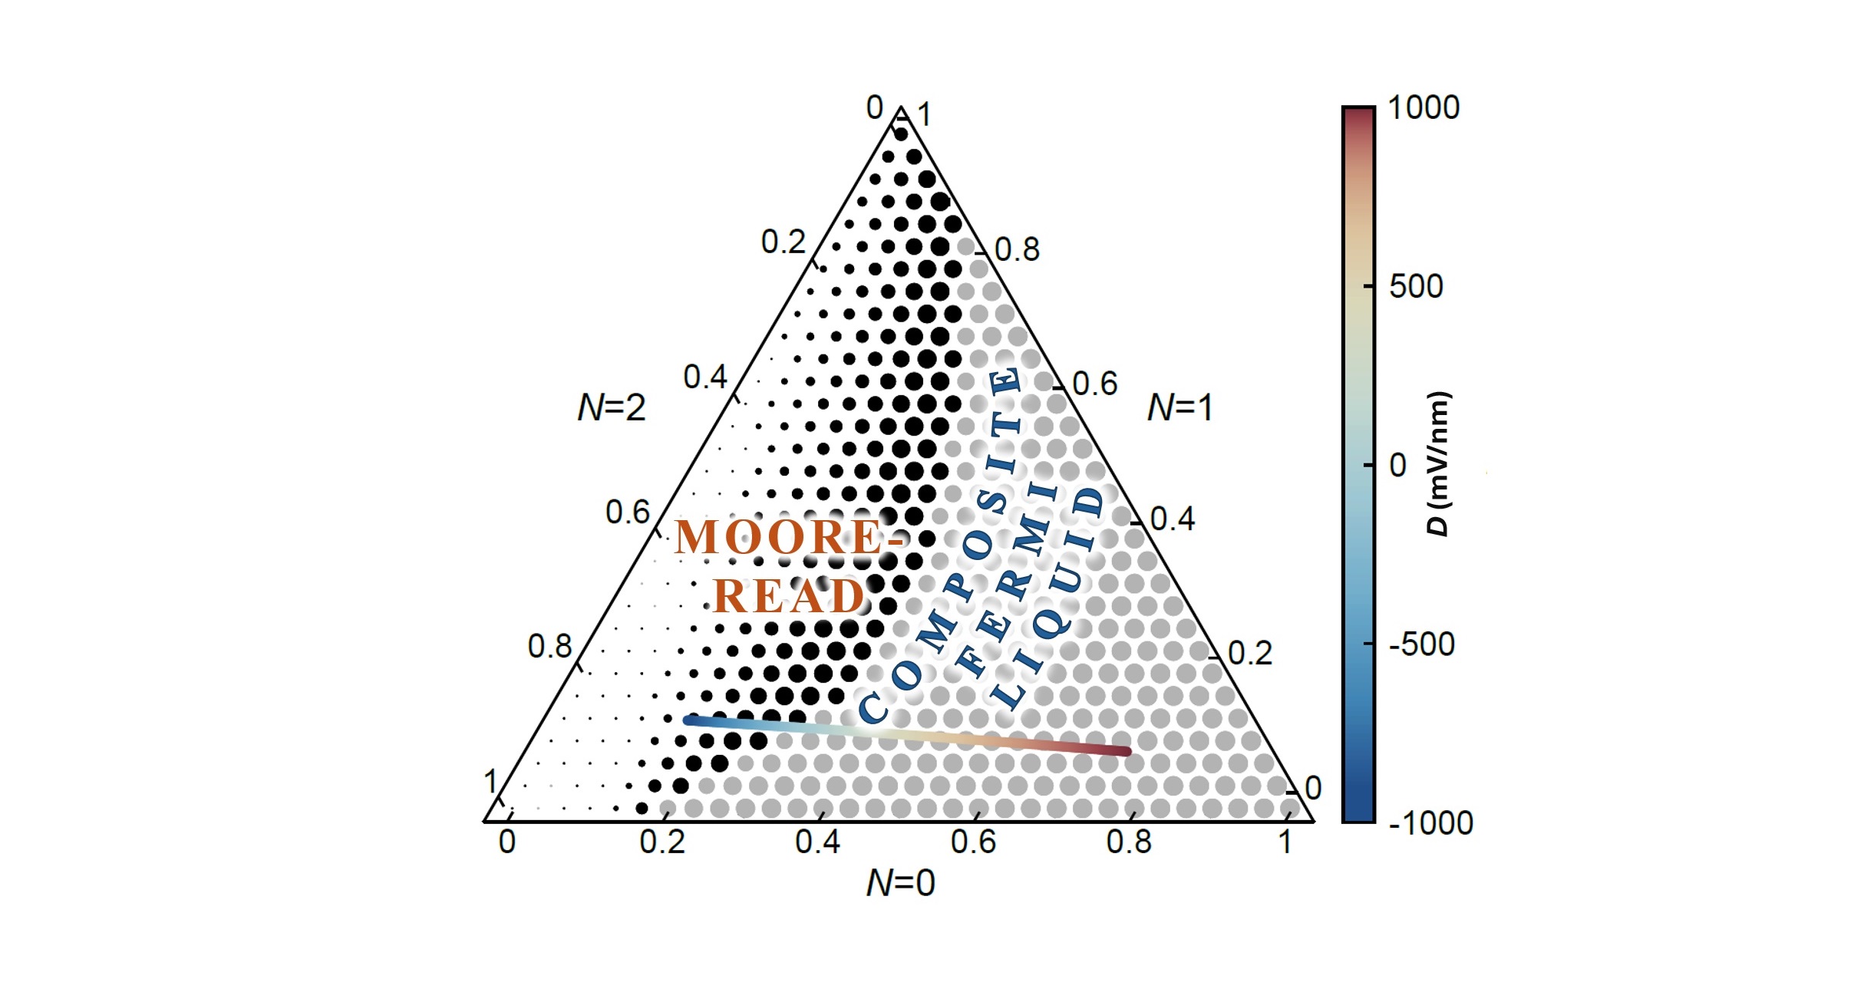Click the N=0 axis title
pyautogui.click(x=900, y=883)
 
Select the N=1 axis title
pyautogui.click(x=1179, y=407)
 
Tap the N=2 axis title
pyautogui.click(x=612, y=407)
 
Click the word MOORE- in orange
pyautogui.click(x=789, y=537)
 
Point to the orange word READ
pyautogui.click(x=789, y=596)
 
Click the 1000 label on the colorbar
pyautogui.click(x=1423, y=108)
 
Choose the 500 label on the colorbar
pyautogui.click(x=1416, y=287)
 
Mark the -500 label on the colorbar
pyautogui.click(x=1421, y=644)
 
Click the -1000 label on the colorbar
pyautogui.click(x=1430, y=823)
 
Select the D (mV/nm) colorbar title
pyautogui.click(x=1438, y=464)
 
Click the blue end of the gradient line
pyautogui.click(x=688, y=720)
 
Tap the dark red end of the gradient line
pyautogui.click(x=1127, y=751)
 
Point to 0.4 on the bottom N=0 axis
pyautogui.click(x=817, y=842)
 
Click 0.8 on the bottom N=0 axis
pyautogui.click(x=1129, y=842)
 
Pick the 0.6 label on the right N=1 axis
pyautogui.click(x=1095, y=384)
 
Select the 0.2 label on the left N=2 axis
pyautogui.click(x=783, y=242)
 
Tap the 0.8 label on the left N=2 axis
pyautogui.click(x=549, y=647)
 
